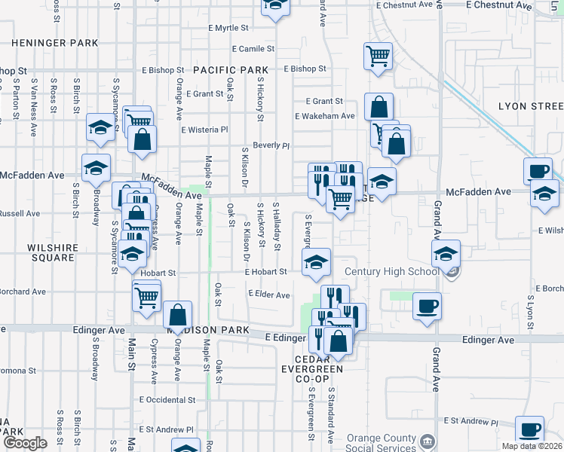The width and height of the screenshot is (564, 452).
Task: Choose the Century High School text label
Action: point(392,271)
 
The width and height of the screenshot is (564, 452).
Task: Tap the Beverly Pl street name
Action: point(271,145)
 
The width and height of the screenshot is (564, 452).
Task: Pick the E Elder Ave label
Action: point(268,295)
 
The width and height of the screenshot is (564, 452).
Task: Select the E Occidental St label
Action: point(167,400)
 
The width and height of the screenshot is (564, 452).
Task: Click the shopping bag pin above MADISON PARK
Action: point(177,315)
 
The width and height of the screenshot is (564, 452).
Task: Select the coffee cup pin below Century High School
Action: point(427,306)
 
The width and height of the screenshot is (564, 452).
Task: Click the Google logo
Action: point(24,443)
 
